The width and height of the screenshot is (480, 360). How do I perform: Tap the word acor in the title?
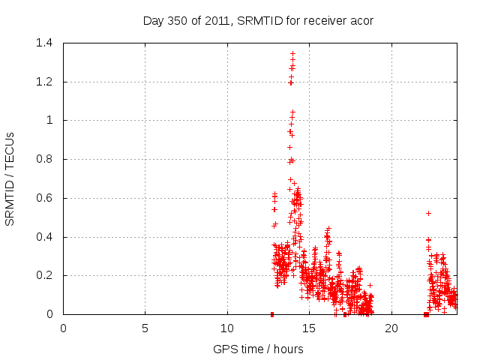click(x=361, y=21)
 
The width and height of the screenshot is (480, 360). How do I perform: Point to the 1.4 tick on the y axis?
click(x=46, y=43)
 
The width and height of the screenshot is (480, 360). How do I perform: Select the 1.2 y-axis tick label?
click(x=46, y=82)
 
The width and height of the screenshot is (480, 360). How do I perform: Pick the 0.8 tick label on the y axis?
click(x=46, y=159)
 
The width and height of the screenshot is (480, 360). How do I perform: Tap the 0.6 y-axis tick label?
click(x=46, y=198)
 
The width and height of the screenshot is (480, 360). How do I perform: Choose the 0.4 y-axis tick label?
click(x=46, y=237)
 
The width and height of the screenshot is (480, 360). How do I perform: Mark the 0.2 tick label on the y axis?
click(x=46, y=275)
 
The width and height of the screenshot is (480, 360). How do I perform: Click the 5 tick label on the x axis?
click(x=145, y=328)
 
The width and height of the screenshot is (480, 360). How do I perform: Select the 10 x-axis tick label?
click(x=226, y=328)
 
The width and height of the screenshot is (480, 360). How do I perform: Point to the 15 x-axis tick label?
click(x=309, y=328)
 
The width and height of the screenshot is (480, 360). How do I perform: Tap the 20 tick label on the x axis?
click(x=391, y=328)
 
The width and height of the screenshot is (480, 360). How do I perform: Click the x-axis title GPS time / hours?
click(x=258, y=349)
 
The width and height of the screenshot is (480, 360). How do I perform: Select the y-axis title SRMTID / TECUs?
click(x=10, y=178)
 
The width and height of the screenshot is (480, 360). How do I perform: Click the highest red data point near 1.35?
click(x=292, y=53)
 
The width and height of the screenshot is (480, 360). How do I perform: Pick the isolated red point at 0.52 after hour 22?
click(x=428, y=213)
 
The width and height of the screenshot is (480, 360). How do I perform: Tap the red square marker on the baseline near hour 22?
click(x=426, y=314)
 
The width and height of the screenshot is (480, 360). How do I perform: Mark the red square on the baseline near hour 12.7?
click(x=272, y=314)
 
